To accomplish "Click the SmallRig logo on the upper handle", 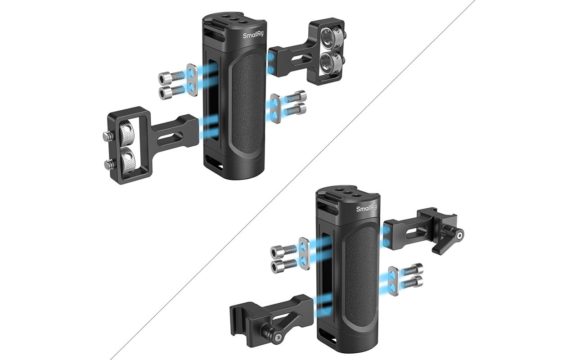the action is [253, 35].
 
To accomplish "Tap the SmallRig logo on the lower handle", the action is [366, 208].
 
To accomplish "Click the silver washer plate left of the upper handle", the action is [192, 80].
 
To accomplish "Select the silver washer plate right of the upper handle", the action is [275, 108].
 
